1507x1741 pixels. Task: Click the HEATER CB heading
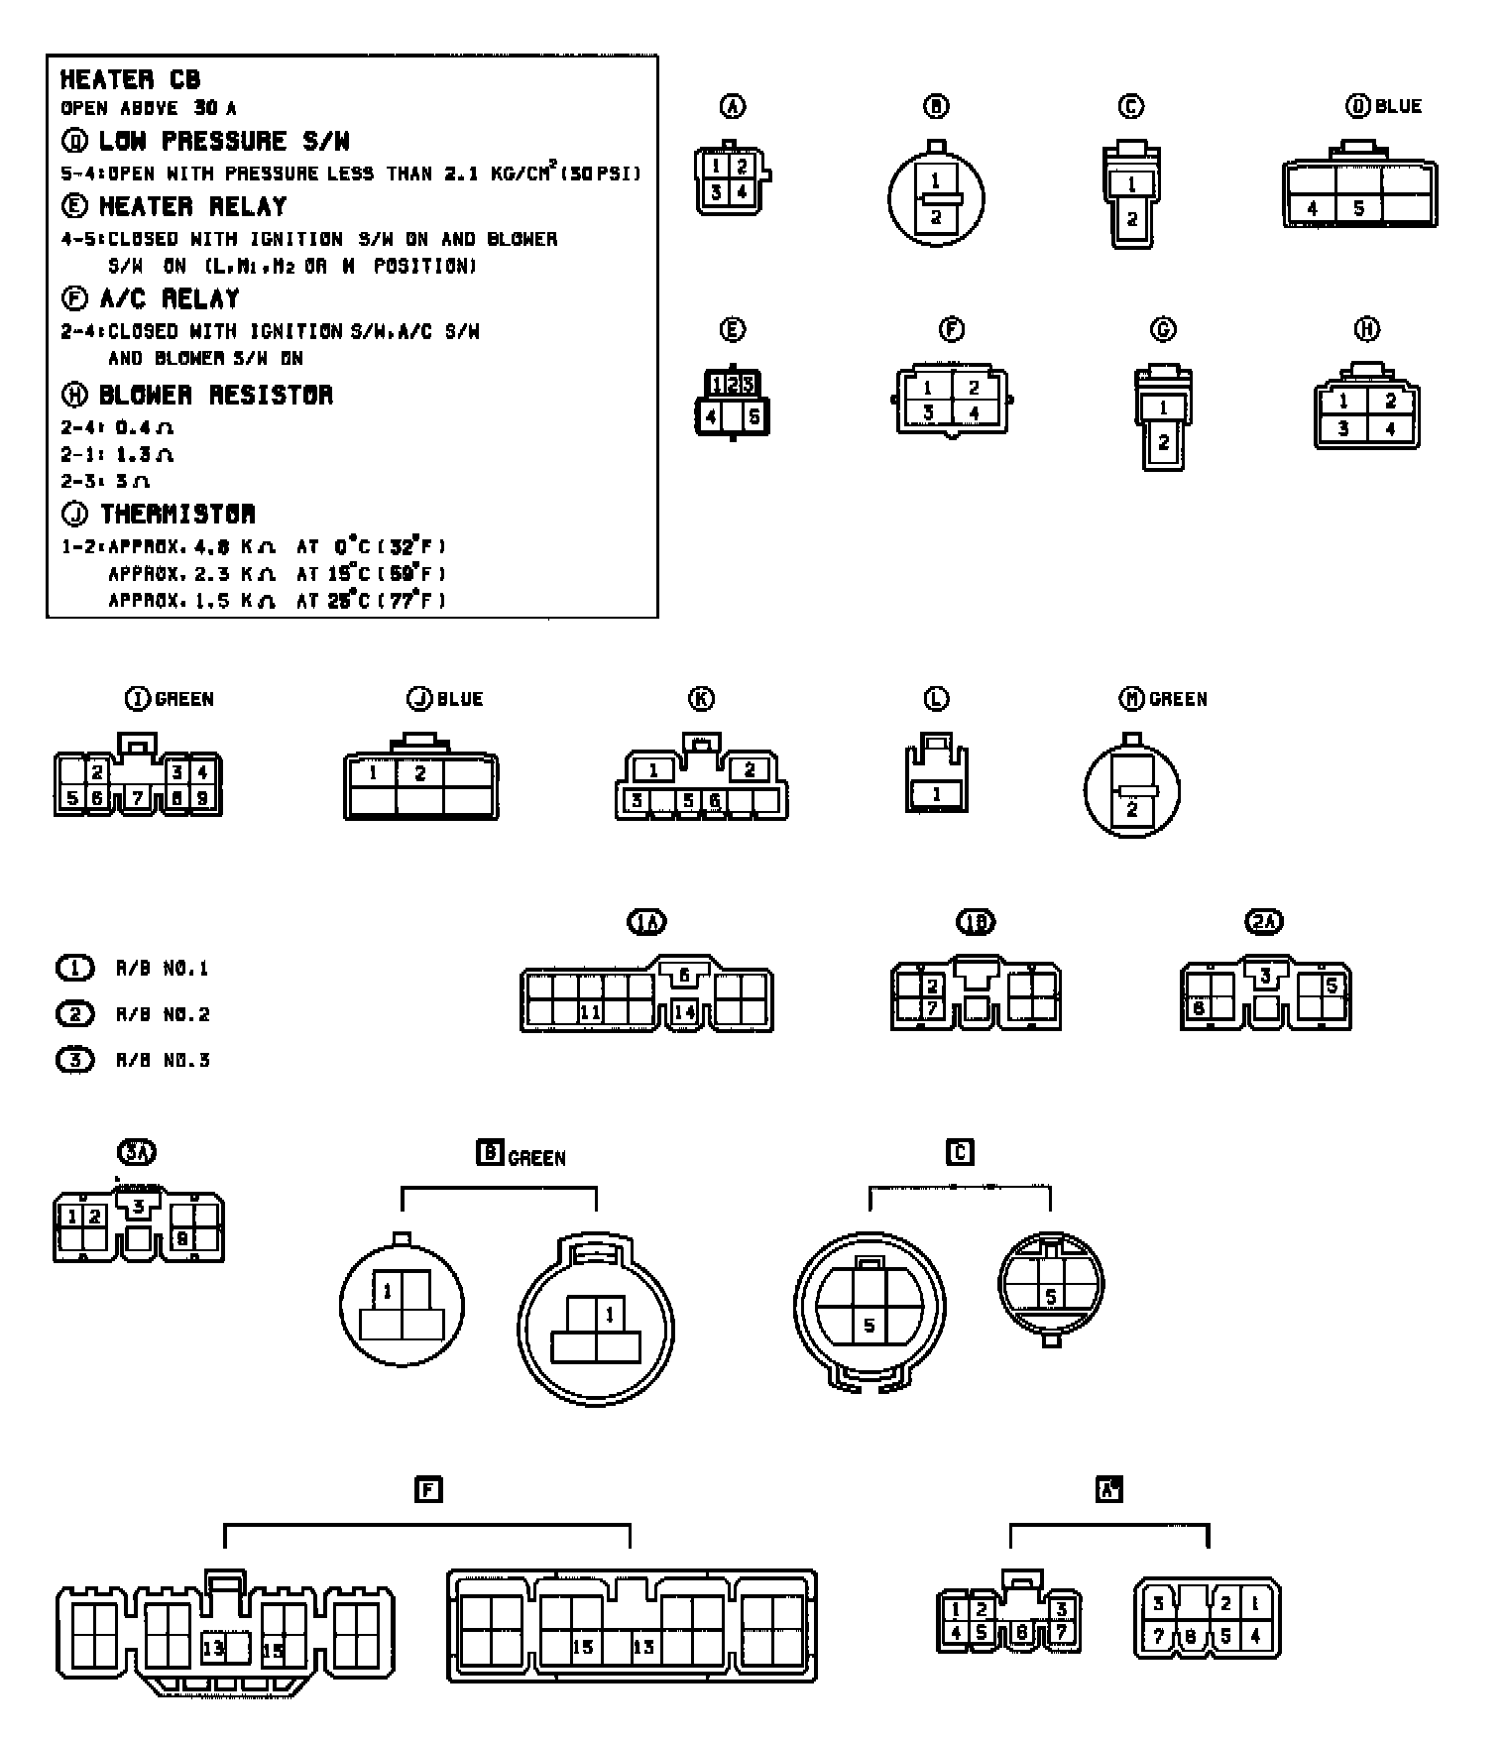click(x=130, y=79)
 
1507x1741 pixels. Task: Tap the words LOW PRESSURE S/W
click(x=223, y=141)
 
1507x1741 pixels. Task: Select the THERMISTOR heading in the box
click(x=177, y=514)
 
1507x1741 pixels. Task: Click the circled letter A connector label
click(x=733, y=106)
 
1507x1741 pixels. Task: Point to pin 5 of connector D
click(x=1358, y=209)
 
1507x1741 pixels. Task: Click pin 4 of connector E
click(x=711, y=417)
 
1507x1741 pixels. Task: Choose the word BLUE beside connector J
click(x=460, y=699)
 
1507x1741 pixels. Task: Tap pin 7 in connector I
click(x=138, y=797)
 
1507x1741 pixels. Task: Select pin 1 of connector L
click(x=935, y=794)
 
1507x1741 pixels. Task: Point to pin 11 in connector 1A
click(x=590, y=1012)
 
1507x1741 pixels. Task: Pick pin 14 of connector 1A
click(x=684, y=1012)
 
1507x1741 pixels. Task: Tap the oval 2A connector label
click(x=1263, y=922)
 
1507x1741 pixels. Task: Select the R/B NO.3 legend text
click(x=163, y=1060)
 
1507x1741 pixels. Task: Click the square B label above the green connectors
click(x=490, y=1153)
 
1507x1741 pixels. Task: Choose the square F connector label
click(x=427, y=1489)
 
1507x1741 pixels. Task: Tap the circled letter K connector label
click(x=701, y=699)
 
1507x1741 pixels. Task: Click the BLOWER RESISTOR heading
click(x=216, y=395)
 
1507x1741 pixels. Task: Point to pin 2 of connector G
click(x=1163, y=442)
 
